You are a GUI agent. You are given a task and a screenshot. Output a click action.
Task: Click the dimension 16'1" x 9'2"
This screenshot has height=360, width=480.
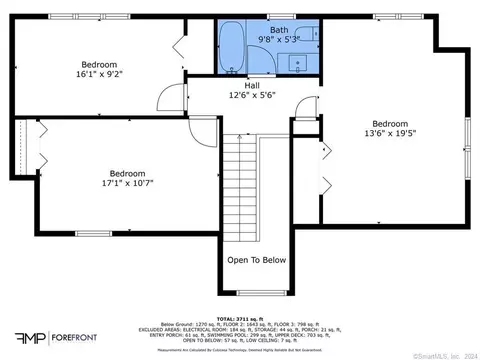[x=100, y=73]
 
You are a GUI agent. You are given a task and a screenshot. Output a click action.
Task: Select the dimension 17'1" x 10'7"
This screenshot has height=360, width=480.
[x=128, y=183]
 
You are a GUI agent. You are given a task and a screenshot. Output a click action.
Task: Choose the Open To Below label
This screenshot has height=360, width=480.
[x=257, y=260]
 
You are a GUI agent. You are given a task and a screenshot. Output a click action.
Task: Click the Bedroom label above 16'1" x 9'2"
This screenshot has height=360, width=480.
[x=100, y=62]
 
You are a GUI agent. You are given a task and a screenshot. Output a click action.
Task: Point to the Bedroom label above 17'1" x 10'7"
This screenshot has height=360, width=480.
[x=128, y=172]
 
